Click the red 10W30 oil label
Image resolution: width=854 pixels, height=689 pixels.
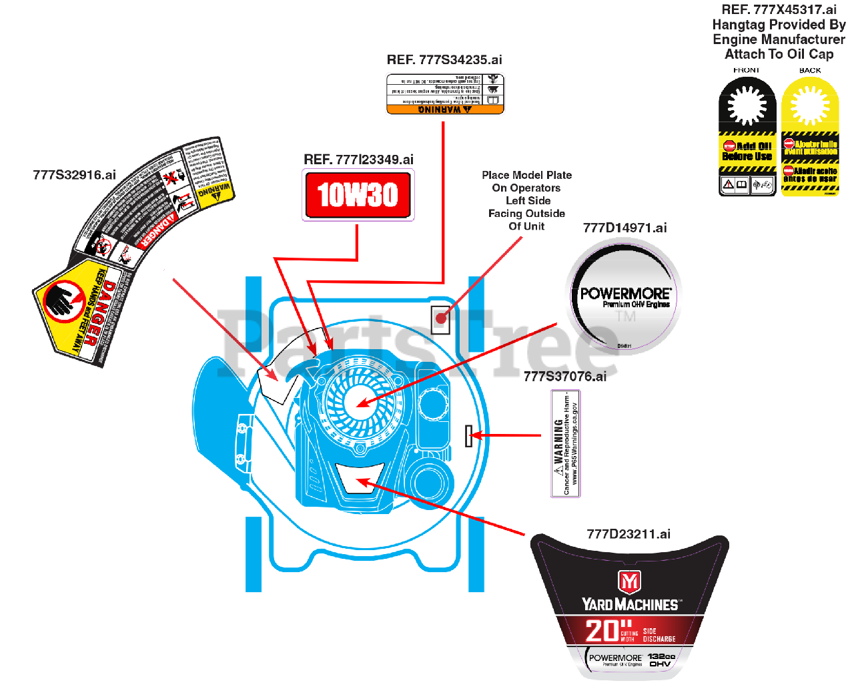coord(358,195)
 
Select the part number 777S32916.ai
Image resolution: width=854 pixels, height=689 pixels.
coord(74,175)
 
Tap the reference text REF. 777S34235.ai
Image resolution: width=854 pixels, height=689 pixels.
coord(444,60)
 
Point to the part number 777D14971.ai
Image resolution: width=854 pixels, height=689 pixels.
coord(624,228)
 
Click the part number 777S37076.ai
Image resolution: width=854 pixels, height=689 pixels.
coord(564,377)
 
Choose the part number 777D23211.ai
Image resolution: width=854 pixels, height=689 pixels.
coord(628,534)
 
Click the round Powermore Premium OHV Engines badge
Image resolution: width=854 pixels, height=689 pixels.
coord(624,295)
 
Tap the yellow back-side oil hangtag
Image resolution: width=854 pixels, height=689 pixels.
coord(810,136)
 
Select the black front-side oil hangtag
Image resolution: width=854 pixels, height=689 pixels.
coord(747,136)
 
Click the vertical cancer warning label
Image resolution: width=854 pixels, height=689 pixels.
coord(566,444)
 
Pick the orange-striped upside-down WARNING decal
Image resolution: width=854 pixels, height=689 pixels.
coord(445,94)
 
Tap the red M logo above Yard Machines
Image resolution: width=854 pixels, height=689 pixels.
coord(629,582)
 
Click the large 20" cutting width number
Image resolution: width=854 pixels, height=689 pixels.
coord(602,631)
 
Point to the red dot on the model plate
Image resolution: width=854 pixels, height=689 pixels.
coord(440,318)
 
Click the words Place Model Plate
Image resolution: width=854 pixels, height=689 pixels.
coord(526,175)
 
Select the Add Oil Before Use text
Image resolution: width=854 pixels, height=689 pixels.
coord(747,151)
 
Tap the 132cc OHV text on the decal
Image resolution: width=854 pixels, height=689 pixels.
coord(661,660)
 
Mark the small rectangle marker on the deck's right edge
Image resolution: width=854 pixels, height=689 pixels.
coord(468,436)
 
